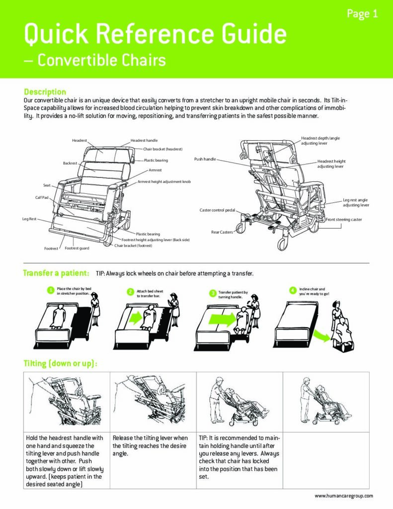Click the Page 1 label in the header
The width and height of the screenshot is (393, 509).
click(362, 14)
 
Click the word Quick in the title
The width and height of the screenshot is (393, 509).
click(55, 35)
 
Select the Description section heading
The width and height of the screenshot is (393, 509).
click(45, 92)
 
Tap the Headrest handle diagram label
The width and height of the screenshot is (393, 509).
click(144, 141)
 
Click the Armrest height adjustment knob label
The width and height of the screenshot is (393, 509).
click(164, 182)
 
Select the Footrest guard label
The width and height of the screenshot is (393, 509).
click(77, 248)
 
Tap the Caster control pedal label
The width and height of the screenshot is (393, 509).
click(218, 210)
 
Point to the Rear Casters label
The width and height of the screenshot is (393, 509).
click(222, 232)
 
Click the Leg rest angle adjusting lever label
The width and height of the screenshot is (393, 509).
click(356, 202)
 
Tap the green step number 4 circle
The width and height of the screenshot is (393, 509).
click(293, 290)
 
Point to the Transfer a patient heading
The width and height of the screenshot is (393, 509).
click(56, 273)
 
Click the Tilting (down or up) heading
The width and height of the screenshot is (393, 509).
click(60, 363)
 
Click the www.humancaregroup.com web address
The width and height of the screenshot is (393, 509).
click(344, 496)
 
